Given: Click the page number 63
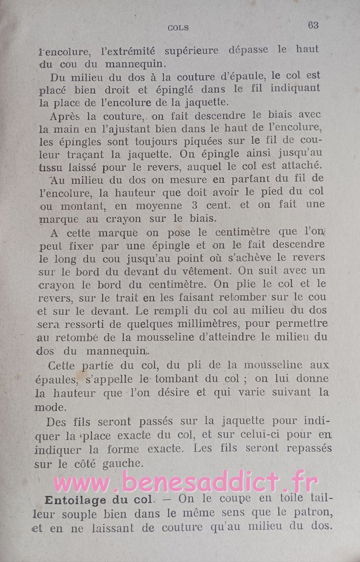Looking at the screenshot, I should pyautogui.click(x=313, y=25).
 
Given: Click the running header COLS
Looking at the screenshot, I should pyautogui.click(x=178, y=27).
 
